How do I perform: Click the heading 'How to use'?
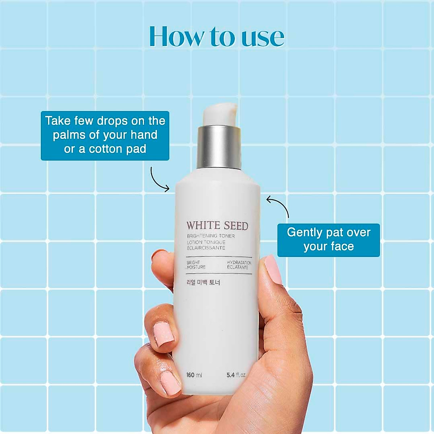(x=217, y=36)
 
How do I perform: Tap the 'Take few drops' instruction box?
(x=105, y=135)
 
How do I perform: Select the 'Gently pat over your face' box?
(x=328, y=240)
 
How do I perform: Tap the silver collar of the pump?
(x=219, y=147)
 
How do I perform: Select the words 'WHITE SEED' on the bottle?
(x=217, y=226)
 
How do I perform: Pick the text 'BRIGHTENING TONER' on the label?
(x=211, y=236)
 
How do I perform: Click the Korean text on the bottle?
(x=203, y=282)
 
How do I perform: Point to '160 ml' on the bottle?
(x=194, y=375)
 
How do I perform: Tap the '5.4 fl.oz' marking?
(x=236, y=375)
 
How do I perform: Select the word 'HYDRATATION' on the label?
(x=239, y=263)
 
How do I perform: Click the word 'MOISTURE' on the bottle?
(x=196, y=267)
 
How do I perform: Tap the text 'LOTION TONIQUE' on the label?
(x=206, y=242)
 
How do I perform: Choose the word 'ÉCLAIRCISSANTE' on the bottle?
(x=206, y=248)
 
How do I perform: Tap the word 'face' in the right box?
(x=342, y=247)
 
